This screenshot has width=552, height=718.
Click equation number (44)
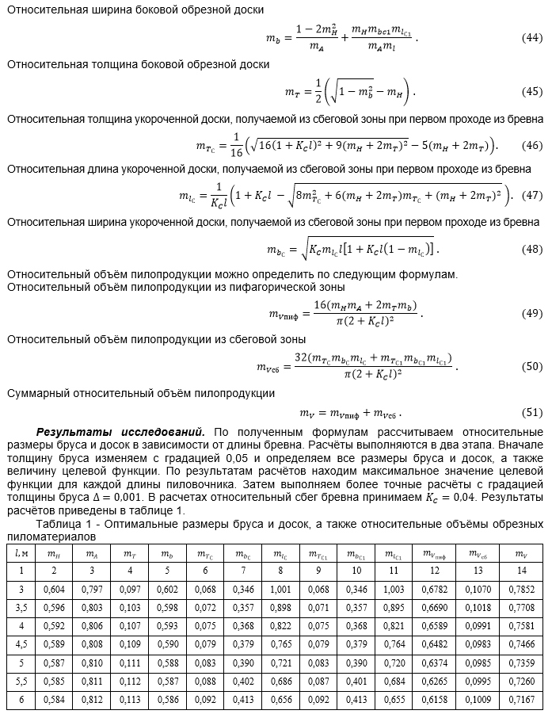point(532,38)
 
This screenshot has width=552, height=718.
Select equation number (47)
point(532,195)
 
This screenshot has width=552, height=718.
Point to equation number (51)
point(532,412)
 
